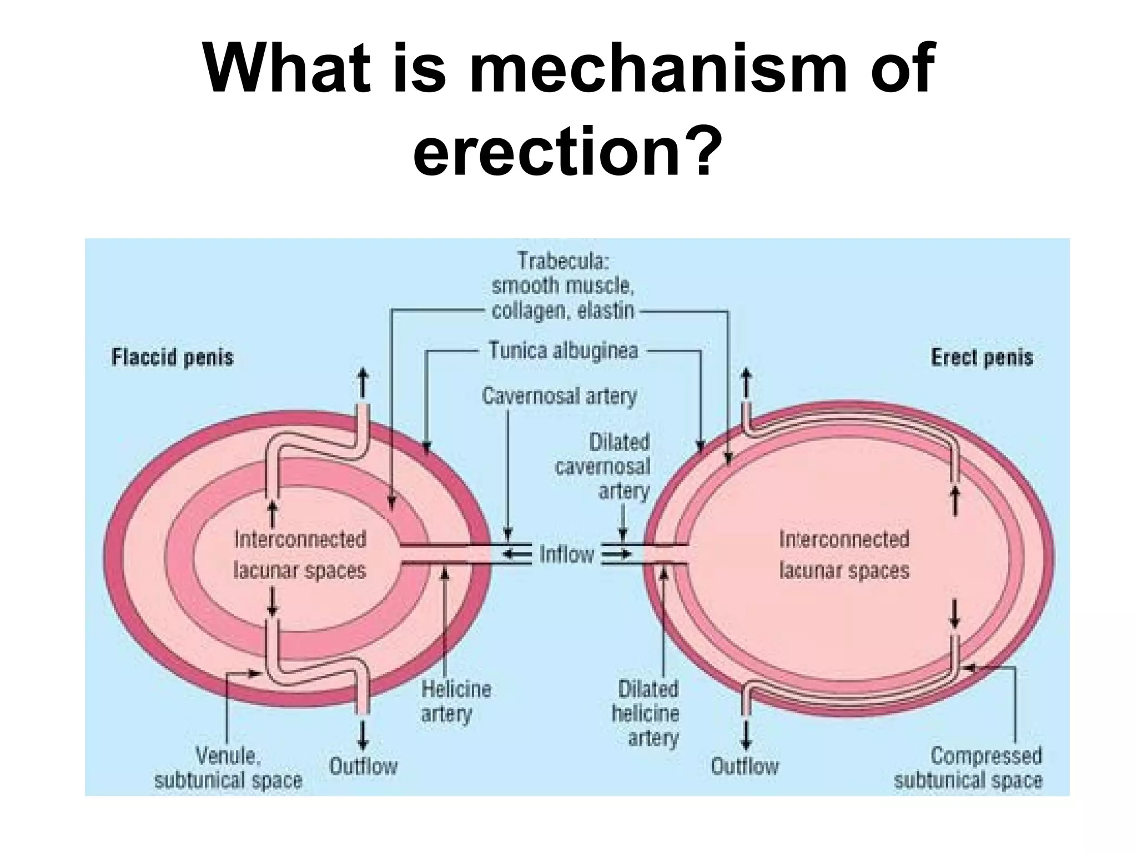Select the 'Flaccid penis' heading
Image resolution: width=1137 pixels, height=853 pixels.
tap(172, 357)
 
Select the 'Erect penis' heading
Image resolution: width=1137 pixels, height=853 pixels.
tap(982, 357)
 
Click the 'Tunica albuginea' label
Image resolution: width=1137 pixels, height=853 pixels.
tap(563, 351)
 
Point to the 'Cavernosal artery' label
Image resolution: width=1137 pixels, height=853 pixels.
tap(559, 397)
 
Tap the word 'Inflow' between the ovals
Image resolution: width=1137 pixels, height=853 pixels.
tap(566, 554)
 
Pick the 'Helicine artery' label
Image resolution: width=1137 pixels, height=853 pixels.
tap(455, 701)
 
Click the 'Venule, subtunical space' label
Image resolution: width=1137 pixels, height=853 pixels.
tap(228, 769)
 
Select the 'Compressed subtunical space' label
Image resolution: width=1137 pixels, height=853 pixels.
tap(969, 769)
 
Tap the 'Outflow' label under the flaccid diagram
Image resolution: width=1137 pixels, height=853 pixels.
tap(363, 767)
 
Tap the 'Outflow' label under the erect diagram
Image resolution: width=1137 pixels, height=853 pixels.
tap(744, 767)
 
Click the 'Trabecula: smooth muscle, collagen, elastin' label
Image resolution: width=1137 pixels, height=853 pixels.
tap(563, 285)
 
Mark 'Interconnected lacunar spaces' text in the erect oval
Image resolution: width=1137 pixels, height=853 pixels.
tap(844, 555)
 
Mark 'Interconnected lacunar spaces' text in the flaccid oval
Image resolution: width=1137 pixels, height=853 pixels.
tap(300, 555)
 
